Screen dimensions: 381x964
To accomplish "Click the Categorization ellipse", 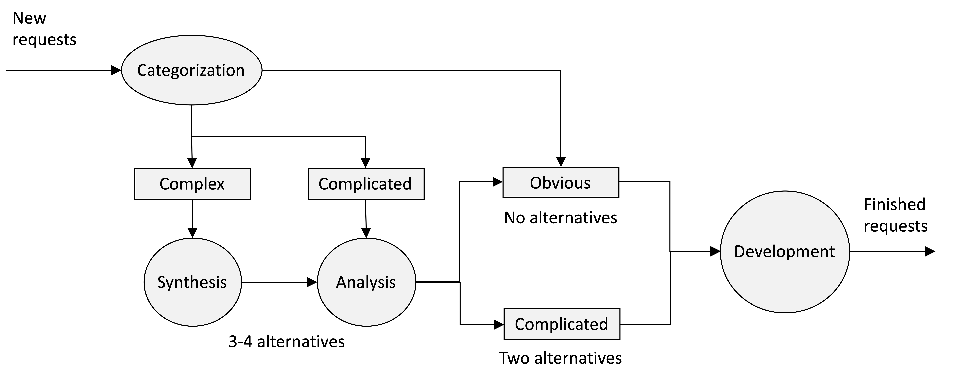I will point(192,70).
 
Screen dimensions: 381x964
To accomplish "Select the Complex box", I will point(192,184).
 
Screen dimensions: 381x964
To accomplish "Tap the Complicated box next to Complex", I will point(366,184).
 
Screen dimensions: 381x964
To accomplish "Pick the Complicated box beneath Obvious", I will point(561,324).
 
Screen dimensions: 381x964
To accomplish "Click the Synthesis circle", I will point(192,282).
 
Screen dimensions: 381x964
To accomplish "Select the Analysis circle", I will point(366,282).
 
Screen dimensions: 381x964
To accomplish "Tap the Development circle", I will point(785,252).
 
